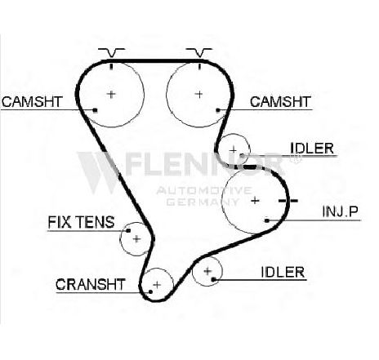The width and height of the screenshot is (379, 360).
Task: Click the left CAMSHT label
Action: tap(32, 102)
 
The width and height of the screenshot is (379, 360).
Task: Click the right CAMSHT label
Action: tap(280, 102)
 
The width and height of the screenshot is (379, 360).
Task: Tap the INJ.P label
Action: tap(341, 211)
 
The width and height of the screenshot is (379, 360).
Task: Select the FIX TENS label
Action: tap(81, 222)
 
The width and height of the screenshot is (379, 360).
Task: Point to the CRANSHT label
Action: tap(91, 285)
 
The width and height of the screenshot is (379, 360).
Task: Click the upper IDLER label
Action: tap(312, 149)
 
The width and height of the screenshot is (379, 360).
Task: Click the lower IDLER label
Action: tap(283, 272)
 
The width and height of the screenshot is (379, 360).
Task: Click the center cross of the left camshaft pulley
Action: tap(111, 94)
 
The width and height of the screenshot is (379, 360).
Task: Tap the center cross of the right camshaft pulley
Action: tap(199, 94)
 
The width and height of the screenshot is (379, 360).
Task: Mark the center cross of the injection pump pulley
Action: tap(255, 201)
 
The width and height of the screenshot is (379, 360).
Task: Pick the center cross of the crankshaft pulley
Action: tap(157, 285)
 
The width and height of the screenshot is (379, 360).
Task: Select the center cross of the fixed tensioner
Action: tap(136, 239)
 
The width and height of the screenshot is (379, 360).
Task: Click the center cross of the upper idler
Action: tap(234, 150)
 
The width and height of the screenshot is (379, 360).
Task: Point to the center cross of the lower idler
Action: tap(207, 271)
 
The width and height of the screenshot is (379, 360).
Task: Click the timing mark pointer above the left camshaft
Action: tap(111, 53)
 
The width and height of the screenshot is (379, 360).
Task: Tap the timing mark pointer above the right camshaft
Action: tap(199, 53)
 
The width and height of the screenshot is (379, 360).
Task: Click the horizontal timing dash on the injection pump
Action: tap(288, 201)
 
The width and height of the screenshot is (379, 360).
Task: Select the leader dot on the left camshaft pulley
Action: tap(95, 110)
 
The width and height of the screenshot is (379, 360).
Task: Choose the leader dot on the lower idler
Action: tap(214, 279)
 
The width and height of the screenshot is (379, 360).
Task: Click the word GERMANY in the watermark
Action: tap(203, 202)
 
